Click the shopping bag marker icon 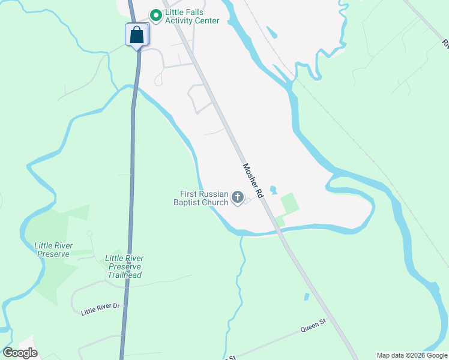137,35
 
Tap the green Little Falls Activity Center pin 156,15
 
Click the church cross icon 238,197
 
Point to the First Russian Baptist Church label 204,198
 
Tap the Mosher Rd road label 253,181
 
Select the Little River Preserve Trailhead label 124,266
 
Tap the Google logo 20,353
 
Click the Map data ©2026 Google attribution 412,355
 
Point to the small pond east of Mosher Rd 274,190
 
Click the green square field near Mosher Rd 289,203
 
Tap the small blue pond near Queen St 307,296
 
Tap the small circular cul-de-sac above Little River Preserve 89,233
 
